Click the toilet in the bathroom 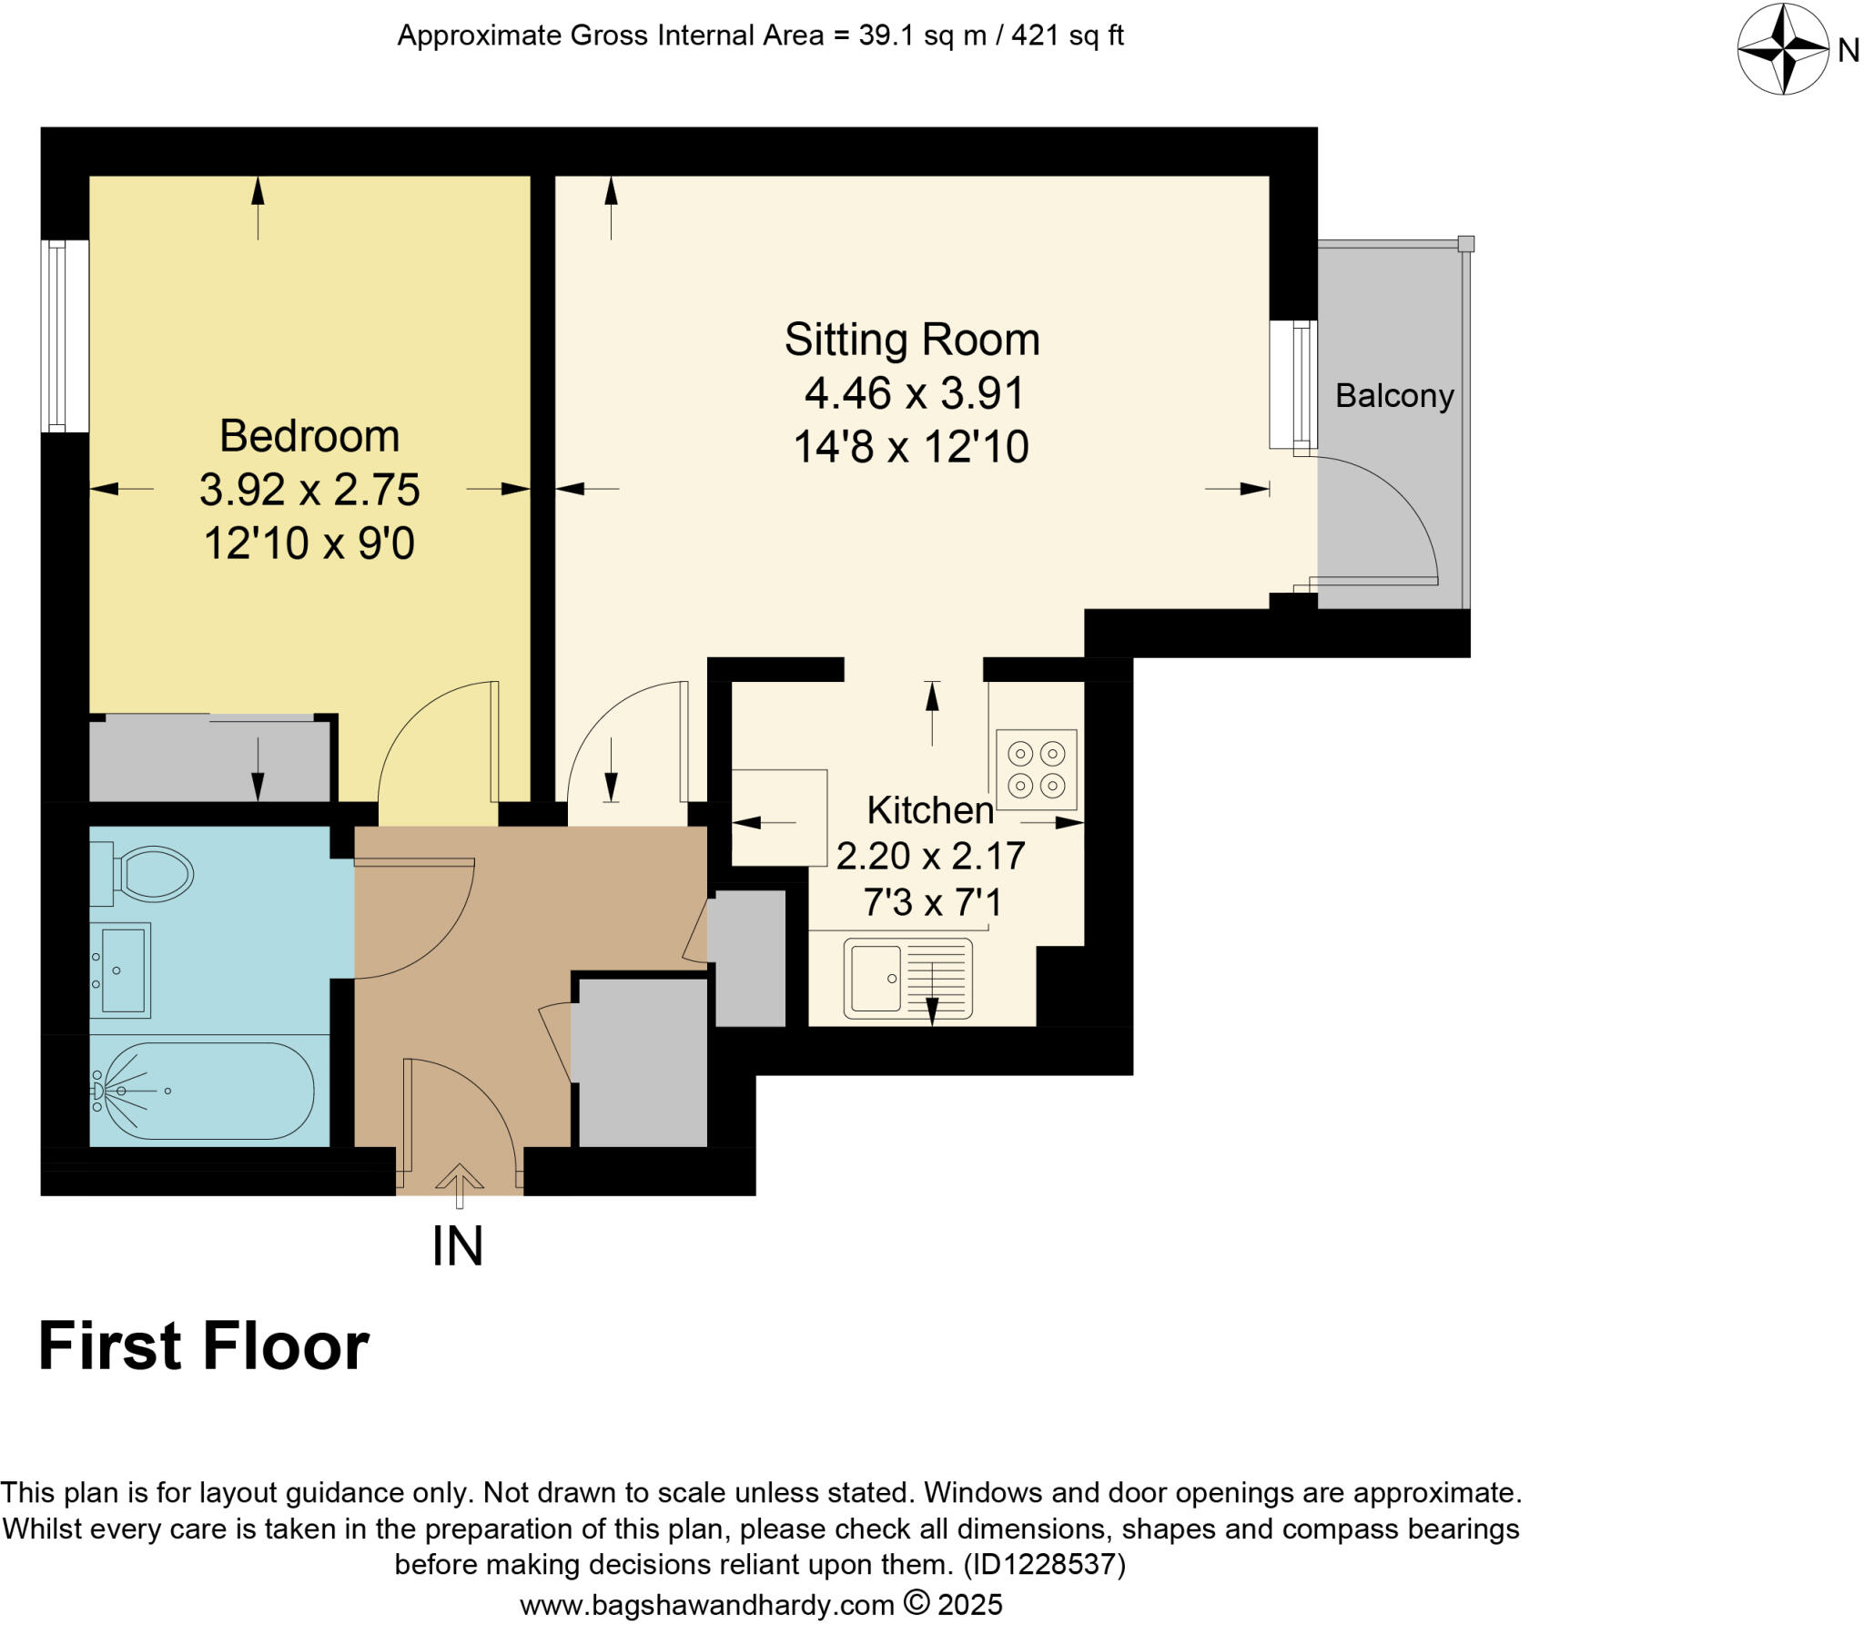point(150,874)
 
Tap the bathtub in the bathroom point(205,1090)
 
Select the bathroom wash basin point(122,970)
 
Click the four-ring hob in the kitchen point(1036,769)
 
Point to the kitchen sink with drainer point(907,979)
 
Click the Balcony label point(1393,396)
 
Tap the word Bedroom point(309,436)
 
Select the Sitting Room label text point(911,340)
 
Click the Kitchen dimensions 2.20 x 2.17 point(930,856)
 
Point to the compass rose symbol point(1782,49)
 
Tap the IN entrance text point(457,1246)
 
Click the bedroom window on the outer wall point(64,336)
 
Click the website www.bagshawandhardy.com point(706,1604)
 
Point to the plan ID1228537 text point(1044,1564)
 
